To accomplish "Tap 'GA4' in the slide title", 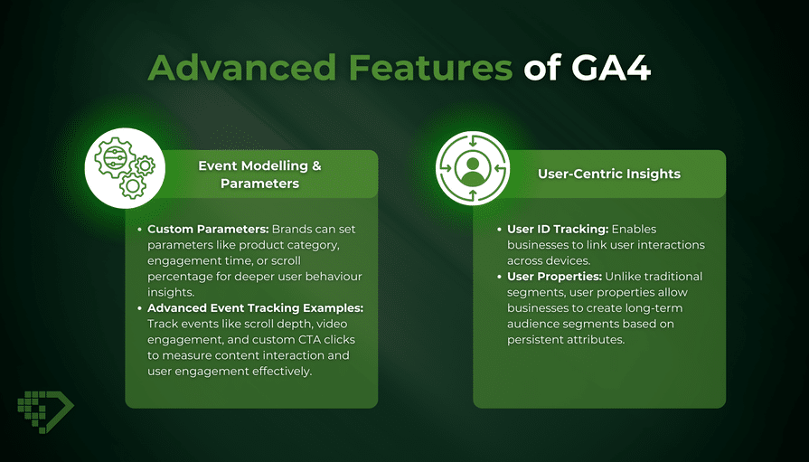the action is click(611, 67).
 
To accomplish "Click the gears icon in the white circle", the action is click(125, 168).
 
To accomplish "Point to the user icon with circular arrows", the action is click(473, 168).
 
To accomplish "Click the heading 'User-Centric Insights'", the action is click(609, 174).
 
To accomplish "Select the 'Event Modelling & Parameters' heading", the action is click(259, 174).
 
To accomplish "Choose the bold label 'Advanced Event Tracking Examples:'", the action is click(256, 308).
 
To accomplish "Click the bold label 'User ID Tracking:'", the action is click(558, 230).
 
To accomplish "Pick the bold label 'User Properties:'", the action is click(554, 277).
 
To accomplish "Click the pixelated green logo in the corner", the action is click(45, 410).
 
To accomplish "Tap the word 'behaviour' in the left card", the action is click(334, 277).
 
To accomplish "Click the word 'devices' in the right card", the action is click(568, 260).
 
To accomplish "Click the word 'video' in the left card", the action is click(332, 325).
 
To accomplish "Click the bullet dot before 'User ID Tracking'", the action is click(500, 230).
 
